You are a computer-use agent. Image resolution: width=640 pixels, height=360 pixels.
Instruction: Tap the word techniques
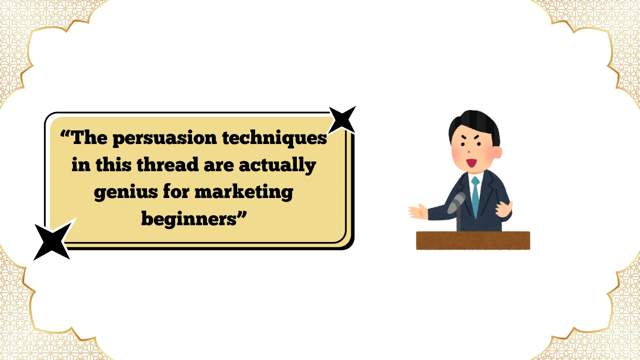click(x=274, y=138)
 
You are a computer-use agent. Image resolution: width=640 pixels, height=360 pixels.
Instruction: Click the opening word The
click(x=89, y=138)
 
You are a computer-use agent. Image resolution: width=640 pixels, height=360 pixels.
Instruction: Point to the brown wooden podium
click(x=473, y=240)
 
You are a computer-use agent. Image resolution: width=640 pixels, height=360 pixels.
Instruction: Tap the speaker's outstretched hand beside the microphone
click(x=418, y=212)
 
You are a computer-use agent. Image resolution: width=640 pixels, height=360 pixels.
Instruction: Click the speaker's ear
click(x=497, y=152)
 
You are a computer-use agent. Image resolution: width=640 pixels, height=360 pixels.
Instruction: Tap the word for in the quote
click(x=176, y=192)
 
